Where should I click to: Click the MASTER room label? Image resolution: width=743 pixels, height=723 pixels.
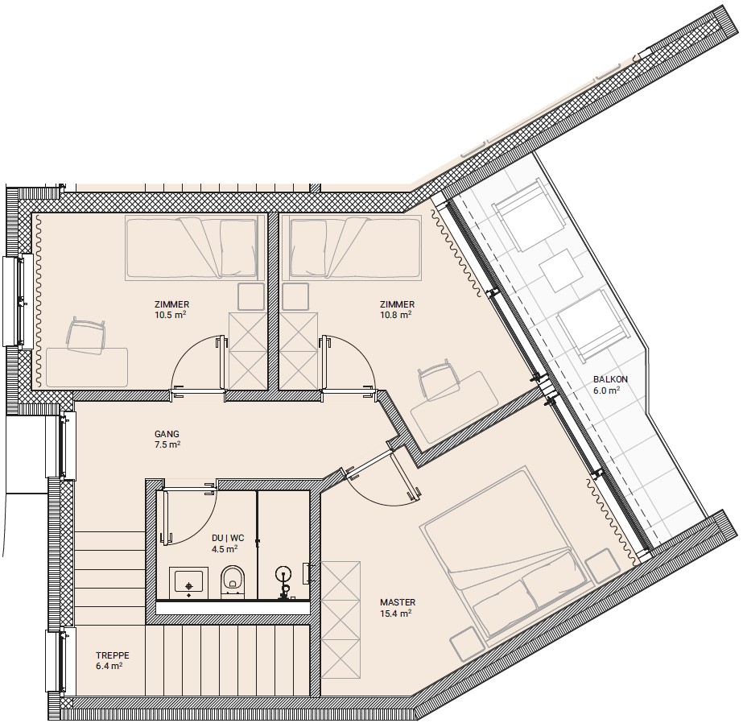point(398,602)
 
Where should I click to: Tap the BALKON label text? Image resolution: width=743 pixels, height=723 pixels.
point(610,379)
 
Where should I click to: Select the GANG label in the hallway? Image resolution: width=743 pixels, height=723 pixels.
point(167,433)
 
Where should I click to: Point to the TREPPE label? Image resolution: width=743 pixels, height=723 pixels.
point(113,655)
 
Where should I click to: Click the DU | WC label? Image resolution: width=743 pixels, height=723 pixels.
point(228,538)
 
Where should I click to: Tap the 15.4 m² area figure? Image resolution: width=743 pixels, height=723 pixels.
point(395,613)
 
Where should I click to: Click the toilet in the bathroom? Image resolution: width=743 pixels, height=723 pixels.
point(233,580)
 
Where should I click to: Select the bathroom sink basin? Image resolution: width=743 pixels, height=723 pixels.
point(188,580)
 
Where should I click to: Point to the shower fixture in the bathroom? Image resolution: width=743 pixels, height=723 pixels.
point(284,582)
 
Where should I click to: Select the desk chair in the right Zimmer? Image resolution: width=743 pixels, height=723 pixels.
point(435,378)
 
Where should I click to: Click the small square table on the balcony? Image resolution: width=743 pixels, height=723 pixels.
point(562,270)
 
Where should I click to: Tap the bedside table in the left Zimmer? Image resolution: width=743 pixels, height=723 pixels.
point(250,296)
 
